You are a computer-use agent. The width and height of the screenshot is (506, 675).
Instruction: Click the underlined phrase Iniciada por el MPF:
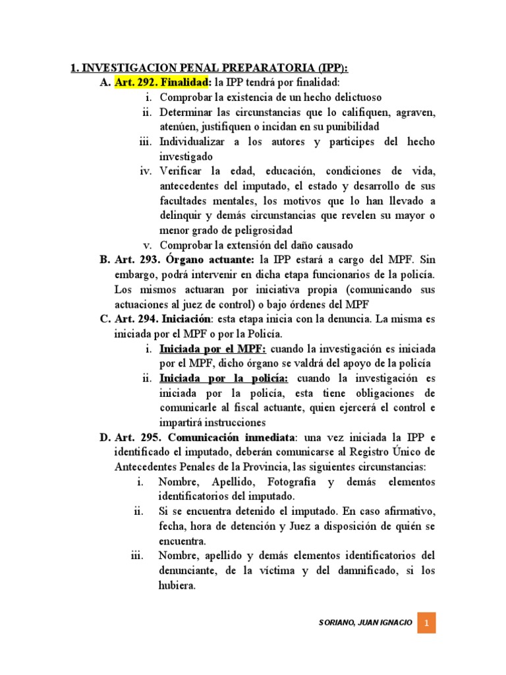click(x=212, y=348)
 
